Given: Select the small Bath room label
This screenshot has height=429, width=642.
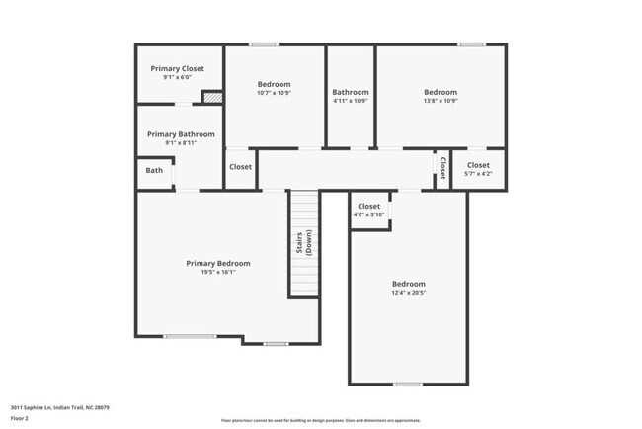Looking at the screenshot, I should [155, 170].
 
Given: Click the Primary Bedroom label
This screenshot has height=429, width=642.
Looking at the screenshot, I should [218, 263].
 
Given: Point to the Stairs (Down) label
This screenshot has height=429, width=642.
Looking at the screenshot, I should [303, 243].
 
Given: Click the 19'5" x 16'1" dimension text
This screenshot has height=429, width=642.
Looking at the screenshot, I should [218, 272].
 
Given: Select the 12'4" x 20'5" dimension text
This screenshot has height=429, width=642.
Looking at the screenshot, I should [408, 292].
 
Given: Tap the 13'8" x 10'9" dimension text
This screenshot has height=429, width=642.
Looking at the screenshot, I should [441, 101].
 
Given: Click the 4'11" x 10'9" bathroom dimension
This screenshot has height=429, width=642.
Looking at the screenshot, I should [351, 101].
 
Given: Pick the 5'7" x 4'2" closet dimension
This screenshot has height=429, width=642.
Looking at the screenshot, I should [478, 174].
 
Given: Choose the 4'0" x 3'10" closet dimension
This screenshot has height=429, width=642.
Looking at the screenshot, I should [368, 214].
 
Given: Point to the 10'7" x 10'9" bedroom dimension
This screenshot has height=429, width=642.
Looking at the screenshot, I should [275, 94].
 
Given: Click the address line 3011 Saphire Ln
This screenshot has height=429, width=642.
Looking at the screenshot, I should [60, 406].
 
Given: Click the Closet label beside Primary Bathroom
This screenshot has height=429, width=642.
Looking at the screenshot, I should [241, 167].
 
